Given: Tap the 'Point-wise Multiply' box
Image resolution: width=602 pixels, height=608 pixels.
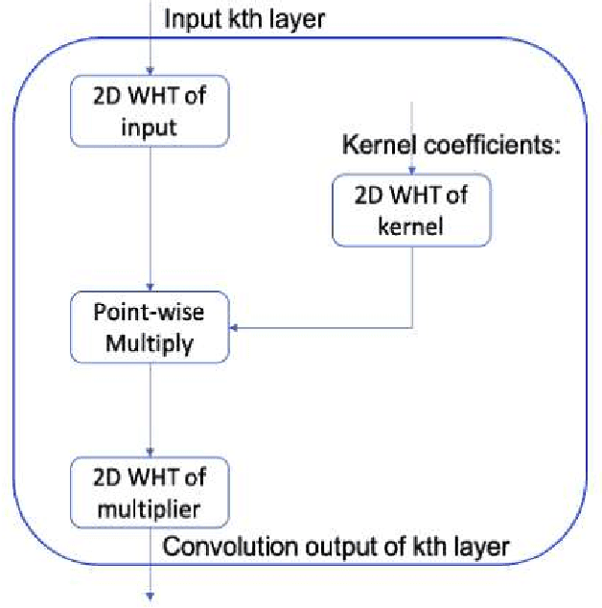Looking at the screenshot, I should click(150, 329).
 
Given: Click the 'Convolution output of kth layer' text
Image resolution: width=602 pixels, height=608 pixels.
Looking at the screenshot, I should click(336, 548).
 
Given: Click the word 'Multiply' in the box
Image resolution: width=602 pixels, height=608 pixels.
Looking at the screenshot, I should click(150, 342).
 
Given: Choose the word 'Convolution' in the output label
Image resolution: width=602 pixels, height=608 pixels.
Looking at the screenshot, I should click(215, 548).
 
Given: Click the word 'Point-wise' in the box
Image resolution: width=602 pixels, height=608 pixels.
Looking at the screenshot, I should click(150, 315).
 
